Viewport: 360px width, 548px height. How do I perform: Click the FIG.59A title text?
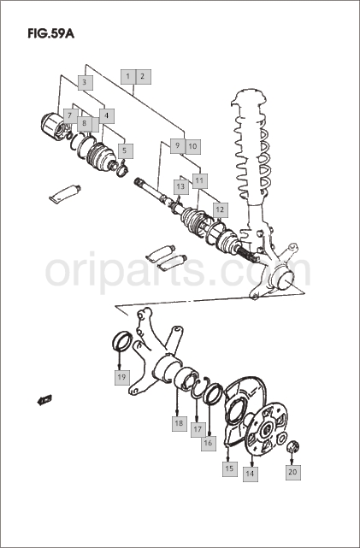(50, 33)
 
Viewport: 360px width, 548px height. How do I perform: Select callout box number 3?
(85, 83)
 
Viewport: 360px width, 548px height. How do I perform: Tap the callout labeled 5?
(125, 151)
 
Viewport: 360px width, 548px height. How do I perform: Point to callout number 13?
(181, 187)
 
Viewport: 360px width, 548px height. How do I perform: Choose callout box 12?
(221, 210)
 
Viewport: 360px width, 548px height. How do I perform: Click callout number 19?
(122, 378)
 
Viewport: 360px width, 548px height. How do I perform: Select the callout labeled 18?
(180, 423)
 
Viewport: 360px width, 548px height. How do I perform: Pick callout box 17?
(198, 429)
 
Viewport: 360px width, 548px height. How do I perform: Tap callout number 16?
(209, 443)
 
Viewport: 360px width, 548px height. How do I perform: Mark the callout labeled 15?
(230, 468)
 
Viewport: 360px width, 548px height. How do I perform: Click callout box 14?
(251, 474)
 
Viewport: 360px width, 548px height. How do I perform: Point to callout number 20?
(293, 472)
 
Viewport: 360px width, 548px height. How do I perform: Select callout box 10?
(193, 146)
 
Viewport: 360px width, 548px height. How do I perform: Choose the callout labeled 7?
(71, 115)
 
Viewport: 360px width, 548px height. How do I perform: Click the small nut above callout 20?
(293, 446)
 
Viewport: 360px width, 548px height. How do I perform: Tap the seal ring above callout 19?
(122, 340)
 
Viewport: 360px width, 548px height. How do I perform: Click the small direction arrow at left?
(44, 399)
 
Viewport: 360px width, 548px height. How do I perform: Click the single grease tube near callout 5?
(65, 193)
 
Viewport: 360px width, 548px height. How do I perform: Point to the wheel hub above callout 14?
(266, 428)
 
